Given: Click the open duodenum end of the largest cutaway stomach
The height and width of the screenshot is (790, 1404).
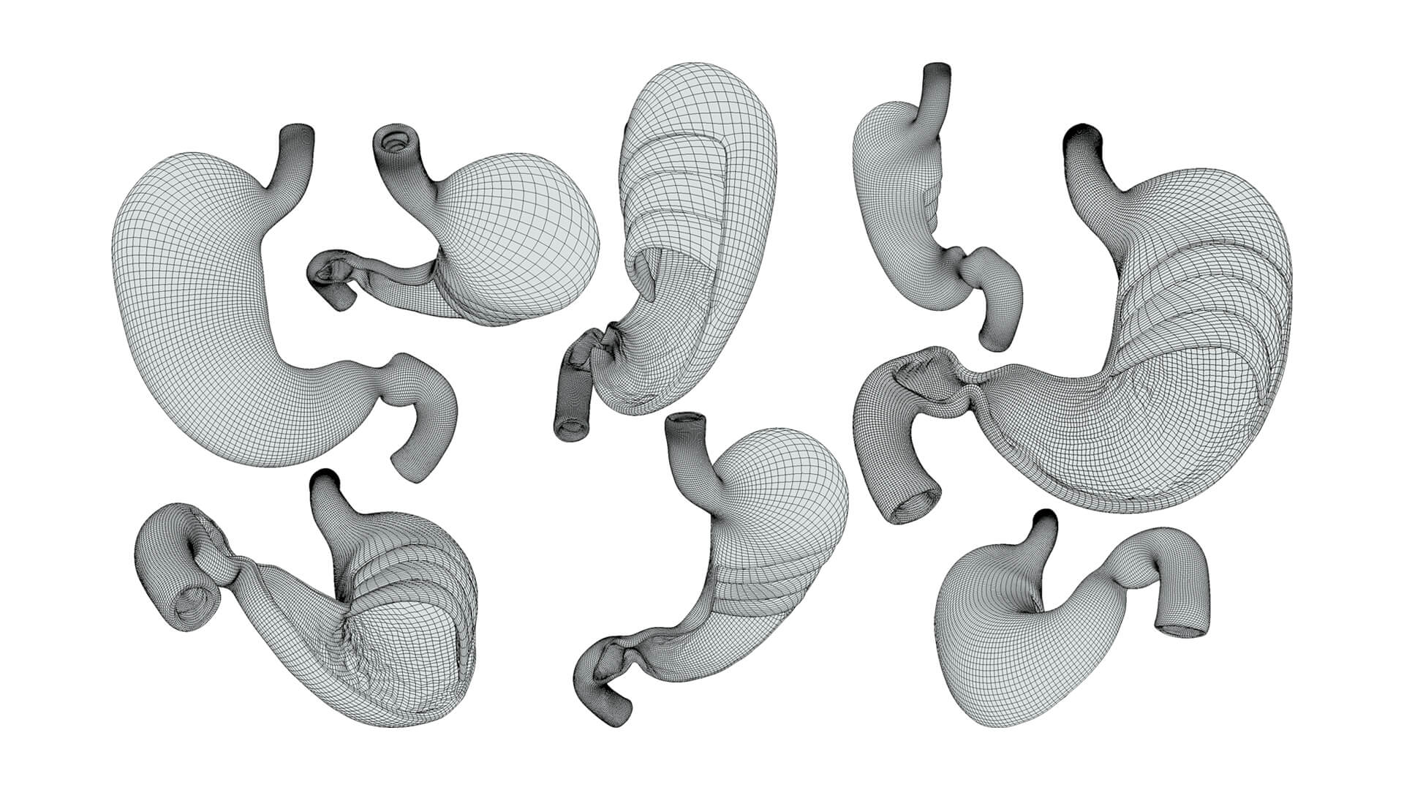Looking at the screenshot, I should pyautogui.click(x=910, y=505).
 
